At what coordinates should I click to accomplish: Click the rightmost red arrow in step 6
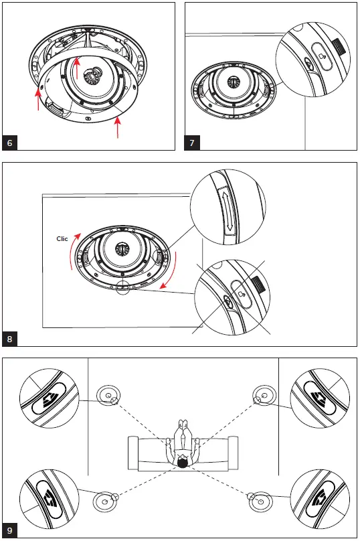(119, 128)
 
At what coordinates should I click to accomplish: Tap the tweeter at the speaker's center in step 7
(233, 82)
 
